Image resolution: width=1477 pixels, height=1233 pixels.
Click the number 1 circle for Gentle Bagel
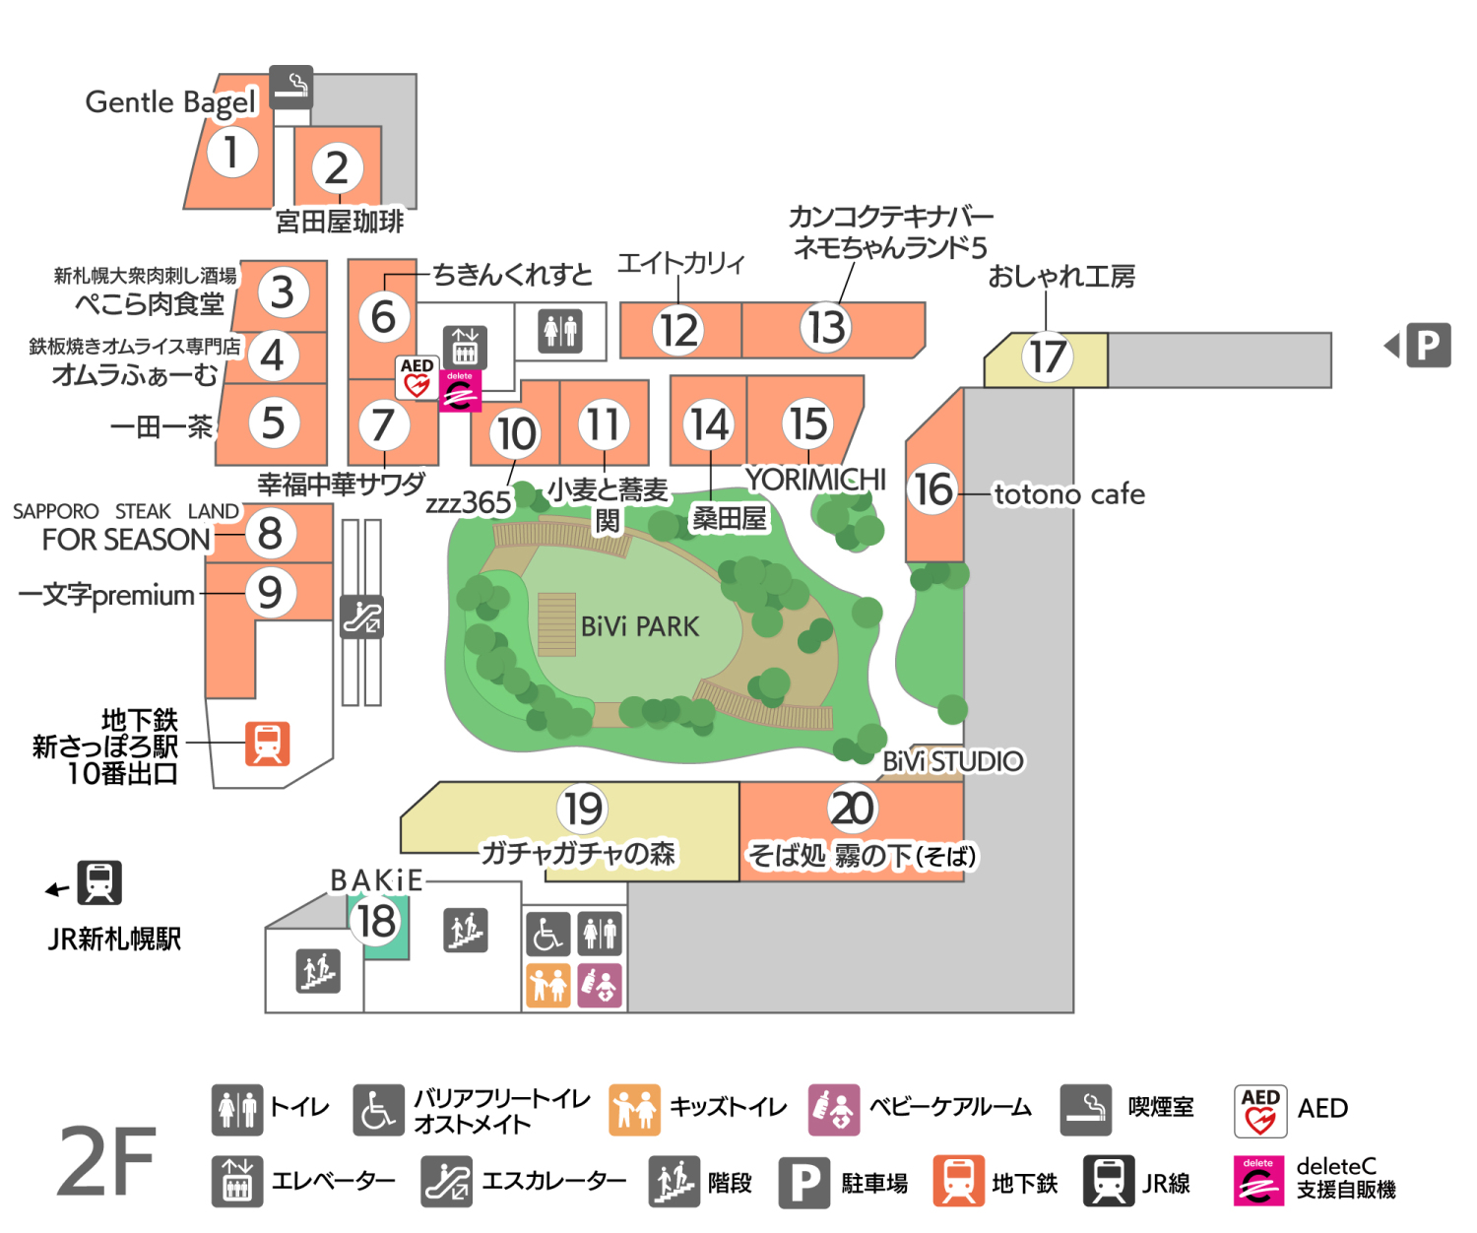tap(231, 152)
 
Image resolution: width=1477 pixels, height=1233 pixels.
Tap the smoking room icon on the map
tap(290, 87)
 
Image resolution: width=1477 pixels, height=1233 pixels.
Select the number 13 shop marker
tap(825, 328)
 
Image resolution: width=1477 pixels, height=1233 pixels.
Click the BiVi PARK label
tap(639, 626)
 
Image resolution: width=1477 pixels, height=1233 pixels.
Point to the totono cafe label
tap(1068, 493)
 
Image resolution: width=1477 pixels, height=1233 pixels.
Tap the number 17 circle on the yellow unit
tap(1047, 357)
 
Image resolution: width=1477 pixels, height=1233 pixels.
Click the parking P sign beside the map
tap(1428, 346)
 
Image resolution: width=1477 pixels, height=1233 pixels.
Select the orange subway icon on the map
tap(268, 744)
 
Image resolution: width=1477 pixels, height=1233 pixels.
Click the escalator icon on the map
tap(361, 616)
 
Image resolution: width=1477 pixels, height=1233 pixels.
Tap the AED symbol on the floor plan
tap(417, 377)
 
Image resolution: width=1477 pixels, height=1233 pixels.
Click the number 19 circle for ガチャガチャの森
tap(583, 809)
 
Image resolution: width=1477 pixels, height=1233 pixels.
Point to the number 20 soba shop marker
tap(852, 809)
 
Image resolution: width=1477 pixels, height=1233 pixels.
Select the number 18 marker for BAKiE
tap(375, 921)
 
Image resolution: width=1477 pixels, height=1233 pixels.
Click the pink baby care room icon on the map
tap(600, 986)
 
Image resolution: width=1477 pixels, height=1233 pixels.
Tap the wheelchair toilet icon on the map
tap(548, 934)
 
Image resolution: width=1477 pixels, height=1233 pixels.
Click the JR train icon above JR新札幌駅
tap(99, 882)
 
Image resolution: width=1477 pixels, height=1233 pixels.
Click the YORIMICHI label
tap(815, 480)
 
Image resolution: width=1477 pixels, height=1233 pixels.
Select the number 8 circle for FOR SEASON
tap(270, 533)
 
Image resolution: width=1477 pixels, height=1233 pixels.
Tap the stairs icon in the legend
tap(674, 1182)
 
